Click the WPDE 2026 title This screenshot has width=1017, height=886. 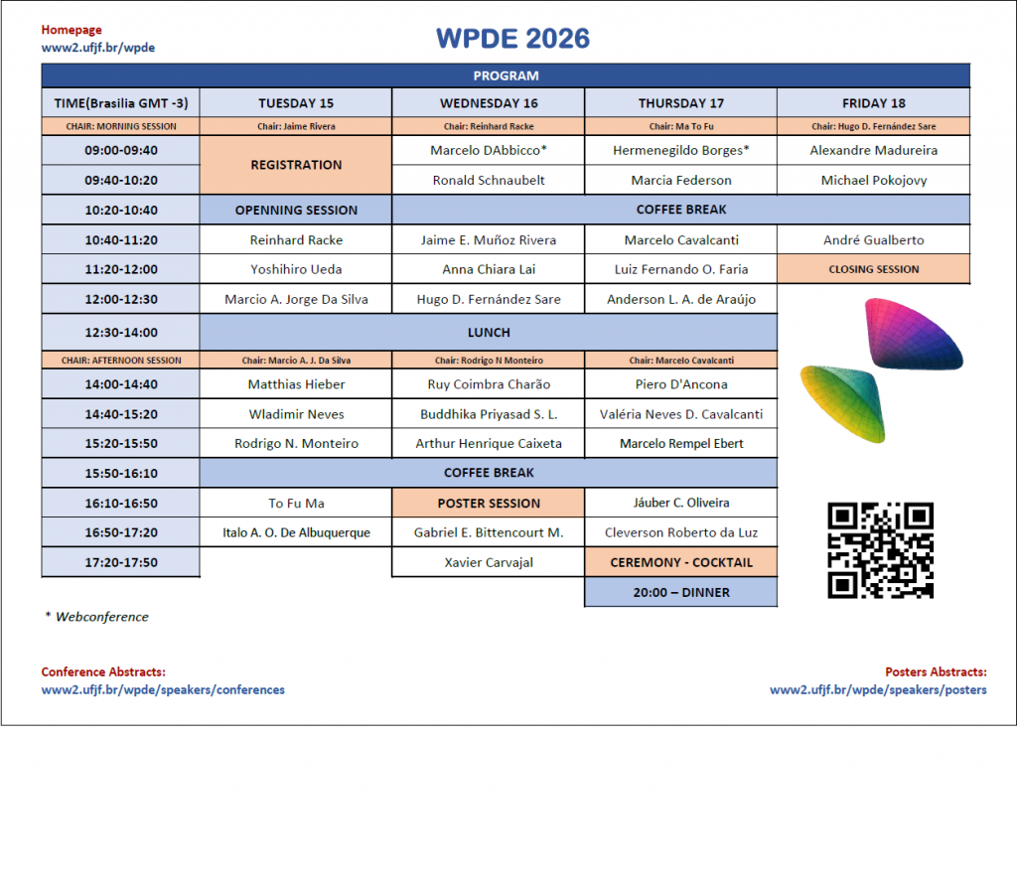(x=512, y=39)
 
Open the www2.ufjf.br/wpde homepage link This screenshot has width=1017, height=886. (x=98, y=48)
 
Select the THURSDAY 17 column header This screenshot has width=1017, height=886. (x=681, y=103)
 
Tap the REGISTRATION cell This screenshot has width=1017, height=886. (x=296, y=165)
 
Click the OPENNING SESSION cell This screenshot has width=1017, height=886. (x=296, y=211)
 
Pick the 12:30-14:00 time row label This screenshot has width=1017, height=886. (x=121, y=332)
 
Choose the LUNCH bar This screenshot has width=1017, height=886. (x=489, y=332)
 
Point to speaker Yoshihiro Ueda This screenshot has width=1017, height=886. (x=296, y=269)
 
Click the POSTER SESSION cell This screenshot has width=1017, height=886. (x=489, y=504)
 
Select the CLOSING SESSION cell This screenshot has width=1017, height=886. (x=874, y=269)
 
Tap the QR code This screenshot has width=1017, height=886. (x=880, y=550)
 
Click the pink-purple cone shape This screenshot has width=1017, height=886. (x=913, y=333)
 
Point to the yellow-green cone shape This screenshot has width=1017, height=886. (x=843, y=403)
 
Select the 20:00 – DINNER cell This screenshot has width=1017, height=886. (x=681, y=592)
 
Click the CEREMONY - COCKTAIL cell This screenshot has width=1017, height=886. (x=681, y=562)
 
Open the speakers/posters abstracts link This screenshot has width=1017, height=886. (x=878, y=689)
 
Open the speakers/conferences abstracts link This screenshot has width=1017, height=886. (x=163, y=689)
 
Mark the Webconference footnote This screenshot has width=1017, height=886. (x=96, y=617)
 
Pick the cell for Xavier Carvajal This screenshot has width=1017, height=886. (x=489, y=562)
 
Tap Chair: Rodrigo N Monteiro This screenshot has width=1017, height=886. (x=489, y=361)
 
